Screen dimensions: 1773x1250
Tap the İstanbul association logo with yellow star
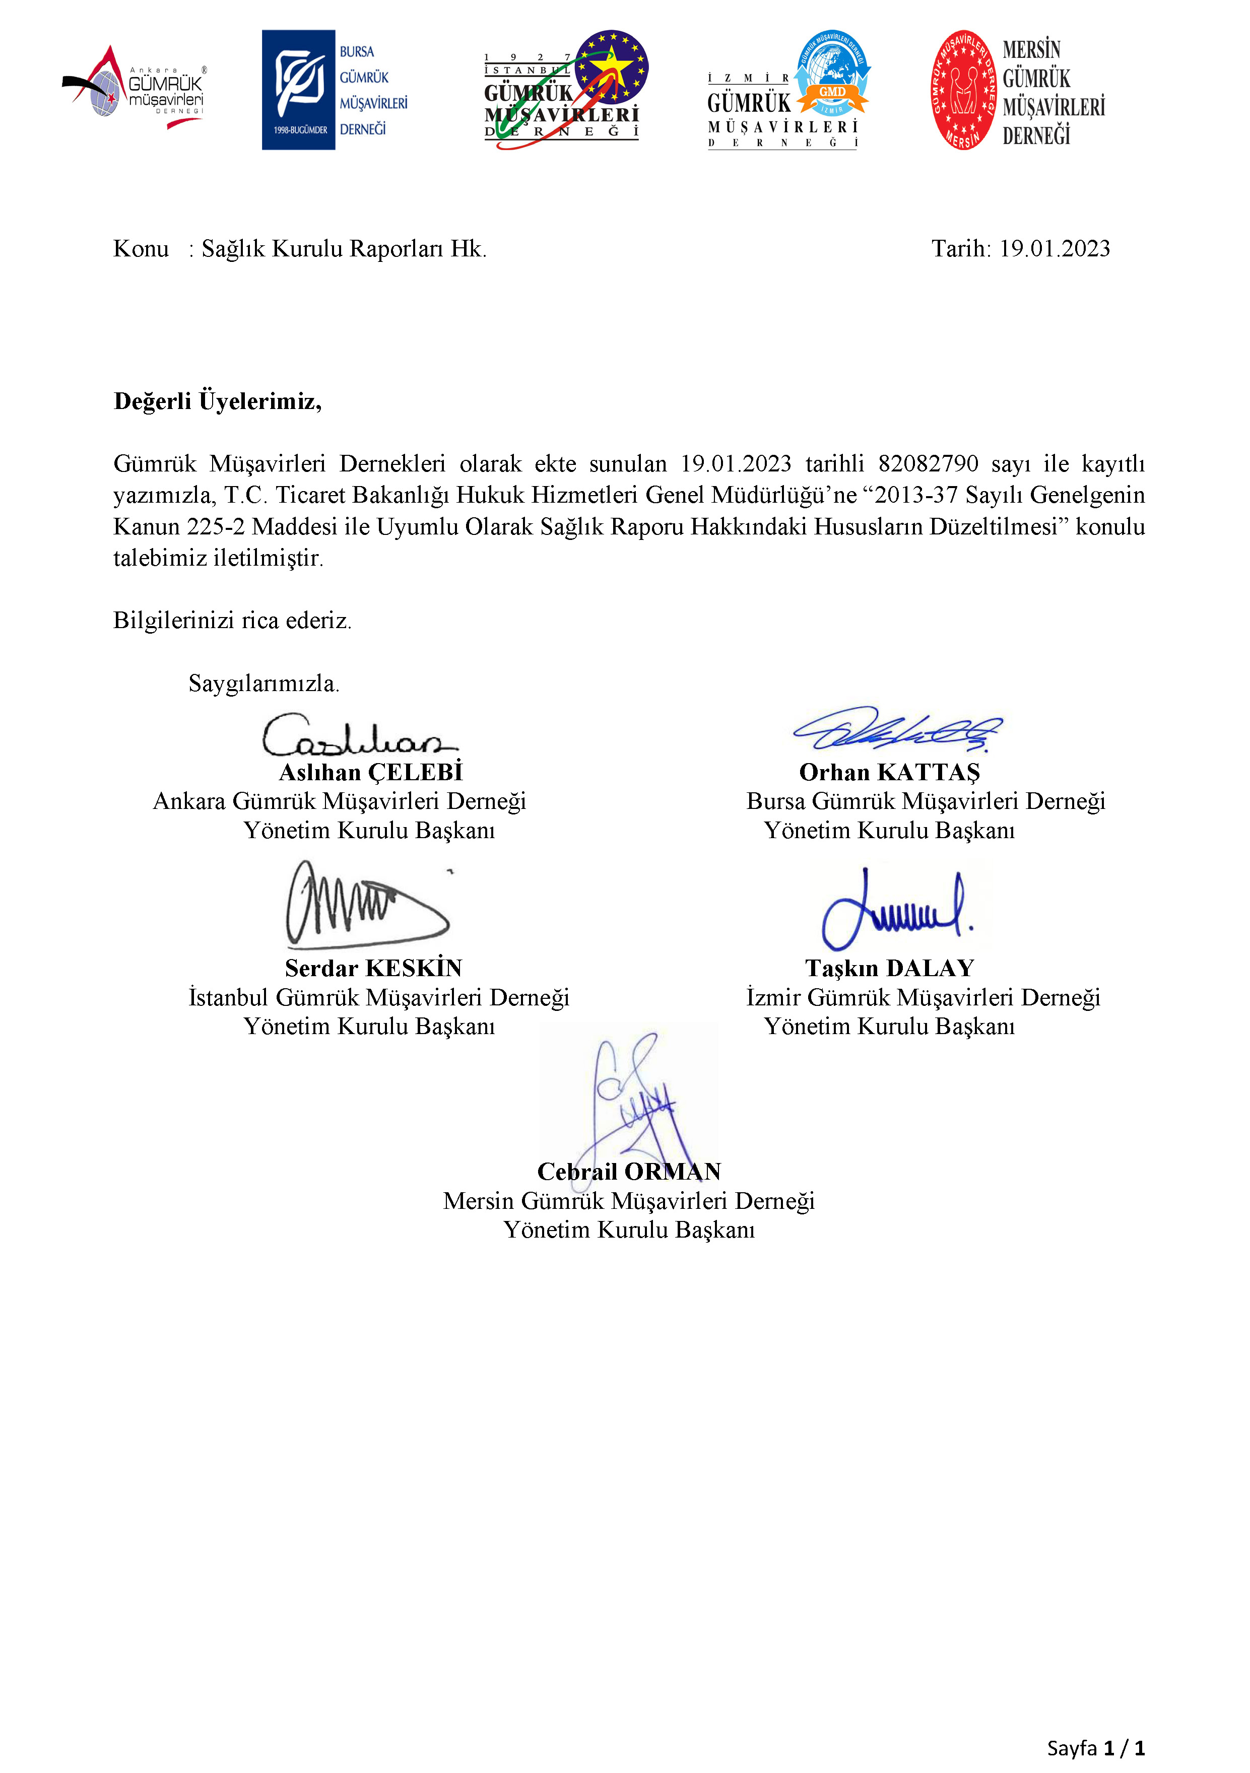click(x=566, y=90)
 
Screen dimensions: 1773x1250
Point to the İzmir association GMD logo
click(x=788, y=90)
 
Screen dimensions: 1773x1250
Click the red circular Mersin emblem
click(x=963, y=90)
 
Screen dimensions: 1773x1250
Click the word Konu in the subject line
click(x=141, y=249)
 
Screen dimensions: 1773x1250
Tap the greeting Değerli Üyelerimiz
click(x=217, y=401)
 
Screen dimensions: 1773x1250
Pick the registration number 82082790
click(x=928, y=463)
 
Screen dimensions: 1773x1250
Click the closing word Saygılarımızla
click(x=264, y=684)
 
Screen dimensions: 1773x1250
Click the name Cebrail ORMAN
click(x=629, y=1172)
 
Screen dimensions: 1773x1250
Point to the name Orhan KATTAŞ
click(x=889, y=772)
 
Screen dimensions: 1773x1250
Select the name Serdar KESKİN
click(x=373, y=969)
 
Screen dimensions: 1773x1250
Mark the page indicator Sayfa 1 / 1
click(x=1095, y=1747)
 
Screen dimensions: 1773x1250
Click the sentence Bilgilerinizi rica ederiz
click(x=233, y=620)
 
